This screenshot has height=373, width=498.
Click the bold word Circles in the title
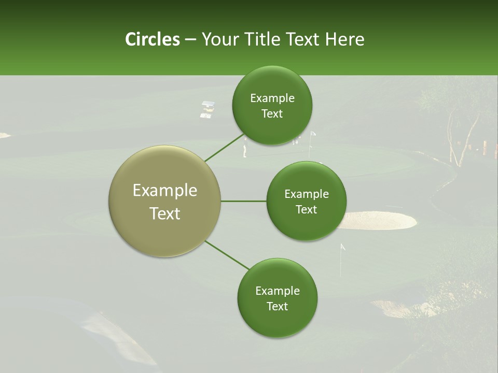(152, 39)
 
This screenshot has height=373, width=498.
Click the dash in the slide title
(190, 40)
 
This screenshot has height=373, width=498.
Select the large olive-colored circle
(164, 201)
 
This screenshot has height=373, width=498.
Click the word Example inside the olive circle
(164, 191)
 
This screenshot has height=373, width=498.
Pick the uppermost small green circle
(272, 105)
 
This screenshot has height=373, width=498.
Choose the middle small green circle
(306, 201)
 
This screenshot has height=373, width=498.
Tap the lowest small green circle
(277, 298)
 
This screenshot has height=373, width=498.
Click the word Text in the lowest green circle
(277, 306)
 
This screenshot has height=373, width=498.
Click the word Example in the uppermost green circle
(272, 98)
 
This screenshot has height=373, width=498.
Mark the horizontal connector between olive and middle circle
(244, 201)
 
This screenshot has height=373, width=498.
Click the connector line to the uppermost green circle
(224, 148)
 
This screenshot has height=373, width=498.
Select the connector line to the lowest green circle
(227, 255)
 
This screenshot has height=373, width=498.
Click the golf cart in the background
(208, 109)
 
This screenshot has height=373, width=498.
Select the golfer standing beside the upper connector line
(245, 150)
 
